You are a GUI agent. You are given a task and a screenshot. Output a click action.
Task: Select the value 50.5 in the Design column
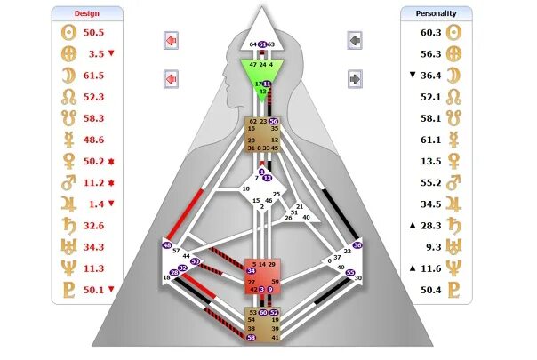(x=94, y=33)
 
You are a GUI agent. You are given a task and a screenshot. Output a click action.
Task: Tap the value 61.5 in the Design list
(x=94, y=76)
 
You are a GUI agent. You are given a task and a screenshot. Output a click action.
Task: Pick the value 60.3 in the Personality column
(x=430, y=33)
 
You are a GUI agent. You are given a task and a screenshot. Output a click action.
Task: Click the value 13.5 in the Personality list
(x=430, y=161)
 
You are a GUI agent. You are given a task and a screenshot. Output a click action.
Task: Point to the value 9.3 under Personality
(x=433, y=246)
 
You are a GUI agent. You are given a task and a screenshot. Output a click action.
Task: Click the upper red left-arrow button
(x=172, y=42)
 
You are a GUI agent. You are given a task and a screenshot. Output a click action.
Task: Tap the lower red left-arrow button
(x=172, y=79)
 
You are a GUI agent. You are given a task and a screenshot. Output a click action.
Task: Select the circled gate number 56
(x=273, y=121)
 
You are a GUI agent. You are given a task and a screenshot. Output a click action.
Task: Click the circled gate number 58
(x=252, y=338)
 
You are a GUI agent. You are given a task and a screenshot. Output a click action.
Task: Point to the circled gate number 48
(x=167, y=244)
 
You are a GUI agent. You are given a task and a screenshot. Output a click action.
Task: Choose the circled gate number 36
(x=357, y=244)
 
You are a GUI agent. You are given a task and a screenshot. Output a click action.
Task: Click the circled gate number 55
(x=350, y=273)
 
